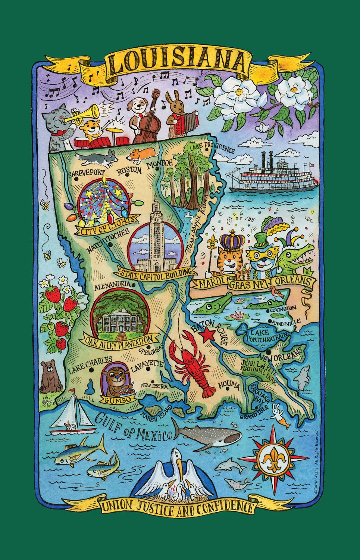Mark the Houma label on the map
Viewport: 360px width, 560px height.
click(x=228, y=386)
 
